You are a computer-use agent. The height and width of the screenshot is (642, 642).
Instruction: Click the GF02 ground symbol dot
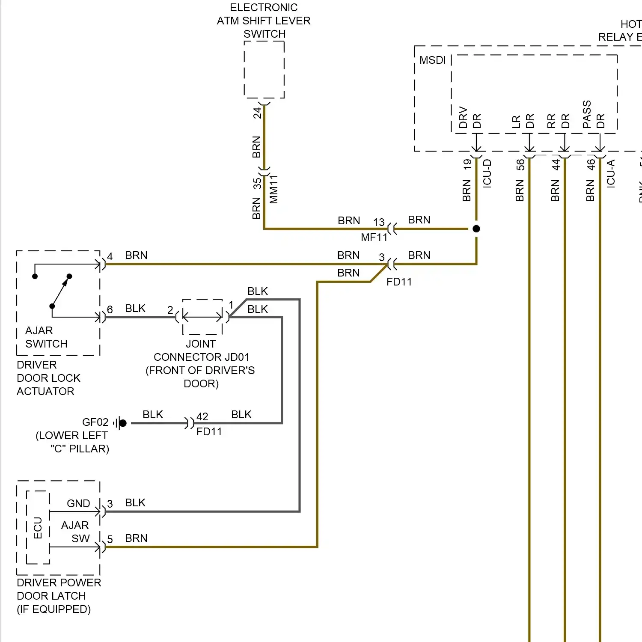[x=123, y=423]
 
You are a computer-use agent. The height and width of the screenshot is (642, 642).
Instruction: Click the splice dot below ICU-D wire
[x=476, y=229]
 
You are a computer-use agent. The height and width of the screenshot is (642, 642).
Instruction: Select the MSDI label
[x=432, y=60]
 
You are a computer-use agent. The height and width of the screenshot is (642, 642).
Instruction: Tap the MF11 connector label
[x=374, y=238]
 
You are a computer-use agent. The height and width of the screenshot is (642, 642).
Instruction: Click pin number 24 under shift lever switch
[x=257, y=113]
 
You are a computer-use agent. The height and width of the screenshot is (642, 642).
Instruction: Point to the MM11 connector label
[x=274, y=189]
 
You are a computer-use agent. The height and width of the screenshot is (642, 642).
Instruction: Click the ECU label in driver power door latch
[x=38, y=528]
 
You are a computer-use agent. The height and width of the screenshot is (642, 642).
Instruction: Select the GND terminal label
[x=78, y=503]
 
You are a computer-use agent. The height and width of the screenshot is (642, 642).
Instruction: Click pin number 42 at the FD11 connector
[x=202, y=416]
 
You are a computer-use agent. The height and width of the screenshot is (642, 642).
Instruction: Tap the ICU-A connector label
[x=611, y=173]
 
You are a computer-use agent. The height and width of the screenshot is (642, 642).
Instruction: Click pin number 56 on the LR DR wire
[x=520, y=165]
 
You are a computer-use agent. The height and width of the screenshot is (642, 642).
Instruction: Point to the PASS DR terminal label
[x=593, y=115]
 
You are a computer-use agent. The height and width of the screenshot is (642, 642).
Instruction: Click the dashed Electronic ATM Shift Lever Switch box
[x=264, y=70]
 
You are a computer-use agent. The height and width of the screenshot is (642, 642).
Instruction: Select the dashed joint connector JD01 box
[x=202, y=317]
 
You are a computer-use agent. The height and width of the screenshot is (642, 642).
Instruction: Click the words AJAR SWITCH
[x=46, y=337]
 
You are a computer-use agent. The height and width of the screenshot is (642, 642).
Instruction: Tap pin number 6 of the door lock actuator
[x=110, y=309]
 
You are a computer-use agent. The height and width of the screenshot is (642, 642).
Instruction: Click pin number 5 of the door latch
[x=110, y=539]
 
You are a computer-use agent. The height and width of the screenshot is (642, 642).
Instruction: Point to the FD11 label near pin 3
[x=399, y=282]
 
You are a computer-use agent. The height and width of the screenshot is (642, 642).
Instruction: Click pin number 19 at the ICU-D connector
[x=467, y=164]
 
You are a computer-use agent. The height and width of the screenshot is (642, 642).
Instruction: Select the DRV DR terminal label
[x=470, y=117]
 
